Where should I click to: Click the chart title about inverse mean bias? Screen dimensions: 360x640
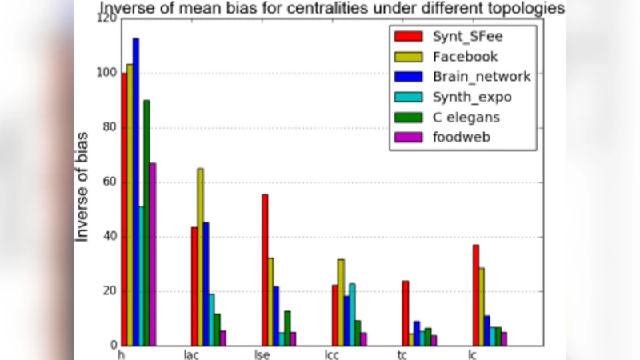331,9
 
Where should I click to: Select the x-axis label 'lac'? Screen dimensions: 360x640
191,353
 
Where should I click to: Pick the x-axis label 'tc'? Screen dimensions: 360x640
403,353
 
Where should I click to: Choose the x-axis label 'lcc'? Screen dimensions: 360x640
333,353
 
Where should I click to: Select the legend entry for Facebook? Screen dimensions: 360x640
465,57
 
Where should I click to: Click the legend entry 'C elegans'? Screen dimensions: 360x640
468,118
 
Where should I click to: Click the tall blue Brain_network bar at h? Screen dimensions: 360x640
135,192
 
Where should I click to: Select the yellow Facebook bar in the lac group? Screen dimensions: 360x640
200,257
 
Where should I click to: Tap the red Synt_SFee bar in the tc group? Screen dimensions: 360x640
406,313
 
